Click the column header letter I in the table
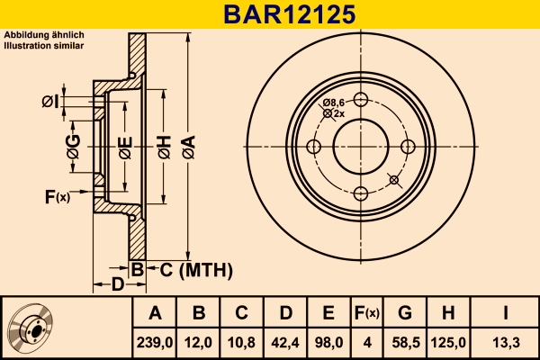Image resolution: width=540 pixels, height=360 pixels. (507, 313)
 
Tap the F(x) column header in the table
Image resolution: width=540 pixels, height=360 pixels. (366, 313)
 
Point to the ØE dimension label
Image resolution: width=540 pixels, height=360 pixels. (125, 147)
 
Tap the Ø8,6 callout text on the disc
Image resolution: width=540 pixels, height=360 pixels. (335, 103)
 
